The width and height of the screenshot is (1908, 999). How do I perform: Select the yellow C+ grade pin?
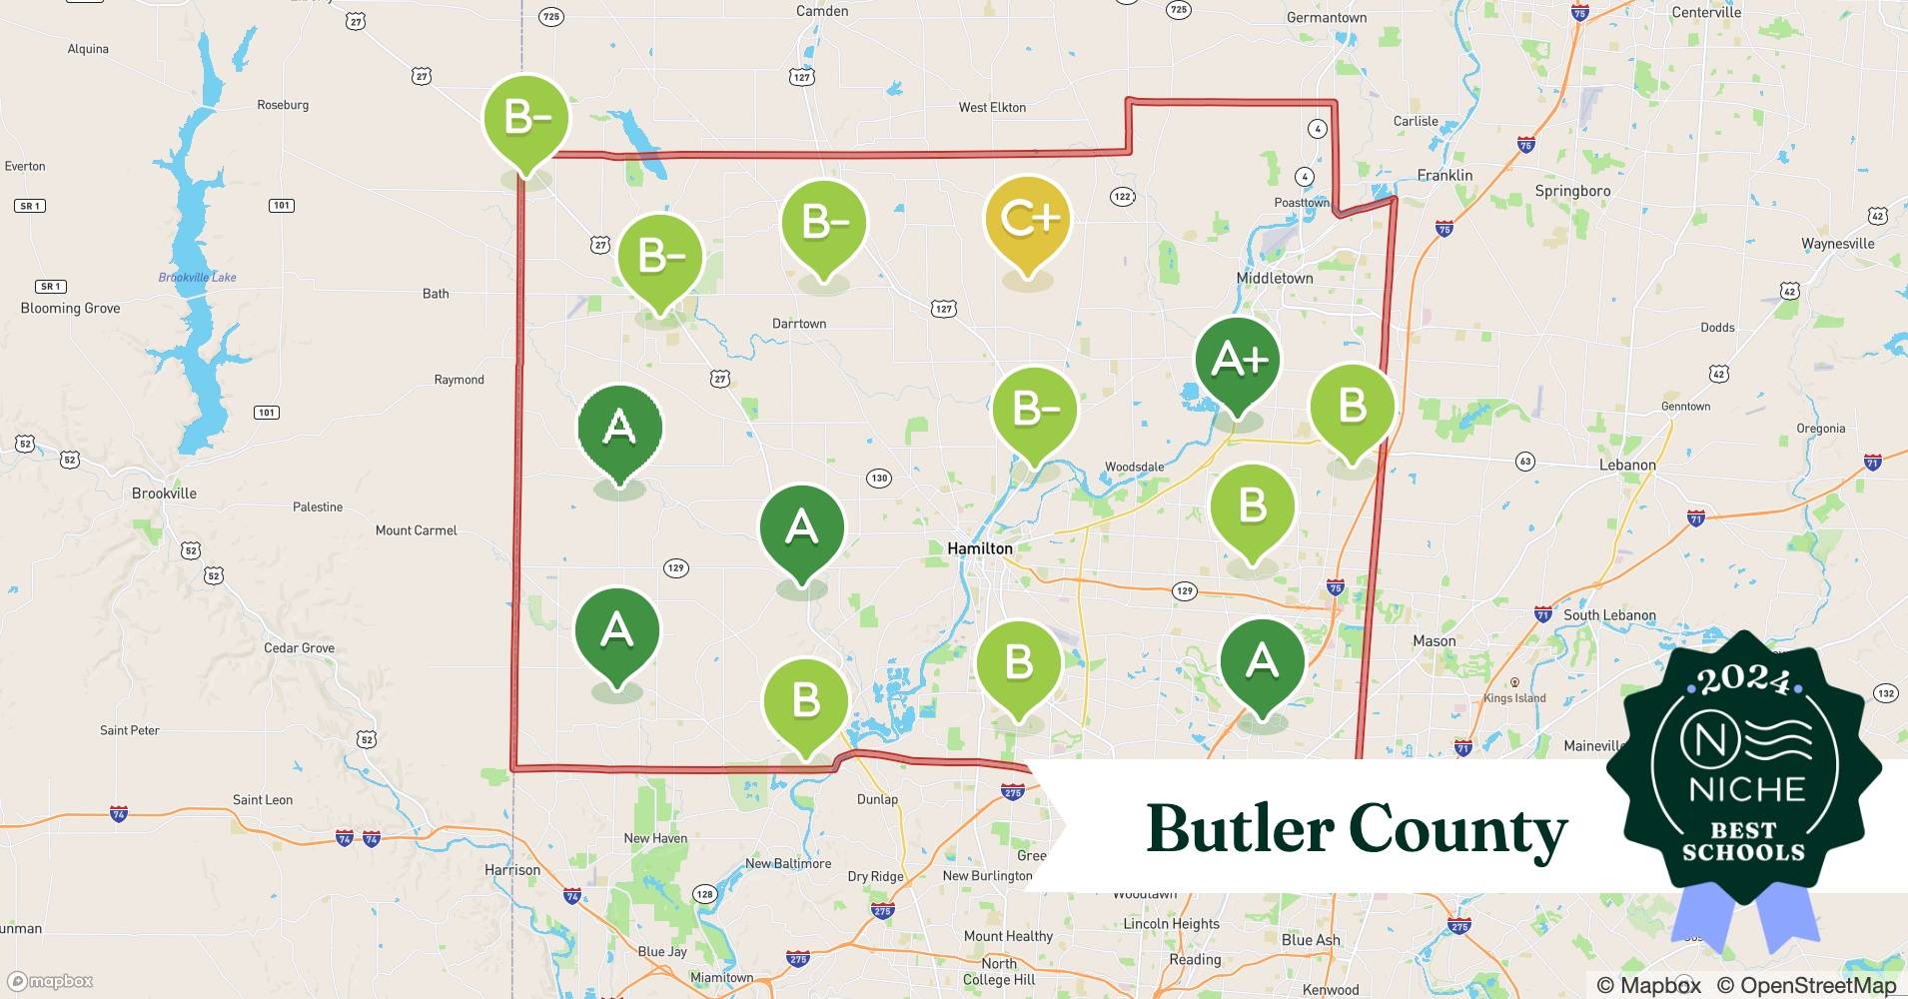point(1027,221)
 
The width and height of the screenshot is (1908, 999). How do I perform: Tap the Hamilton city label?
point(979,548)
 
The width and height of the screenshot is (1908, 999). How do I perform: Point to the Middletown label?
point(1275,278)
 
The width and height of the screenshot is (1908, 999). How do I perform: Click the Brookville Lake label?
point(197,277)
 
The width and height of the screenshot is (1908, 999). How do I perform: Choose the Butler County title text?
point(1356,829)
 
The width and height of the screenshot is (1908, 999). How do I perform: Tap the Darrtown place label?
point(799,324)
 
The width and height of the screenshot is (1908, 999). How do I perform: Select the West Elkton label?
point(992,107)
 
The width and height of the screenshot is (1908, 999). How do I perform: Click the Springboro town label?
point(1572,191)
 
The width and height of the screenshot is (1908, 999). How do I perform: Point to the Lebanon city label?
point(1627,465)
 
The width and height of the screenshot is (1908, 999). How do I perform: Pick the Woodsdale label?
point(1134,467)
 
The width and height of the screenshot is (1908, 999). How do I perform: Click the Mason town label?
point(1433,640)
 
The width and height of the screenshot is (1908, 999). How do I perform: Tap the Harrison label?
point(512,870)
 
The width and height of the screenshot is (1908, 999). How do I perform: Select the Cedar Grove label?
point(299,647)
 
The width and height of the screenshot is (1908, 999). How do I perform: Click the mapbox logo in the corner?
point(51,981)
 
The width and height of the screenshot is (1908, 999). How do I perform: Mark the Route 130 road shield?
point(878,478)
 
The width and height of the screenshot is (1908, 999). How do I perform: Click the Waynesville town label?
point(1837,244)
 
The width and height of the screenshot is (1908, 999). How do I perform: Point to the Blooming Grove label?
point(70,308)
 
